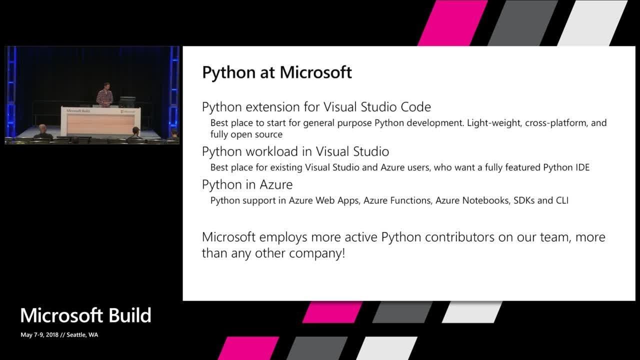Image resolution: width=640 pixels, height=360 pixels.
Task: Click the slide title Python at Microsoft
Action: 276,72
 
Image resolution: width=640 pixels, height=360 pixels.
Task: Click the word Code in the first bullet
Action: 416,107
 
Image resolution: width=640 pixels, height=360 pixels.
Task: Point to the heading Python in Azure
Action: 247,184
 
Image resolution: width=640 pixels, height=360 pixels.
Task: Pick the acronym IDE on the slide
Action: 581,167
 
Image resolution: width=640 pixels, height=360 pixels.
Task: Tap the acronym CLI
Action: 561,200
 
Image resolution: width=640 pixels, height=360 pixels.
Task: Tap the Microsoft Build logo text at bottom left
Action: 85,315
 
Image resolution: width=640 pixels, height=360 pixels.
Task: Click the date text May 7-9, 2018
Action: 39,335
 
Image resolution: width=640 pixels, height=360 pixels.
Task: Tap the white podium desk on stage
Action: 100,121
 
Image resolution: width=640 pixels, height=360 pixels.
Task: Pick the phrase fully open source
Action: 246,134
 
